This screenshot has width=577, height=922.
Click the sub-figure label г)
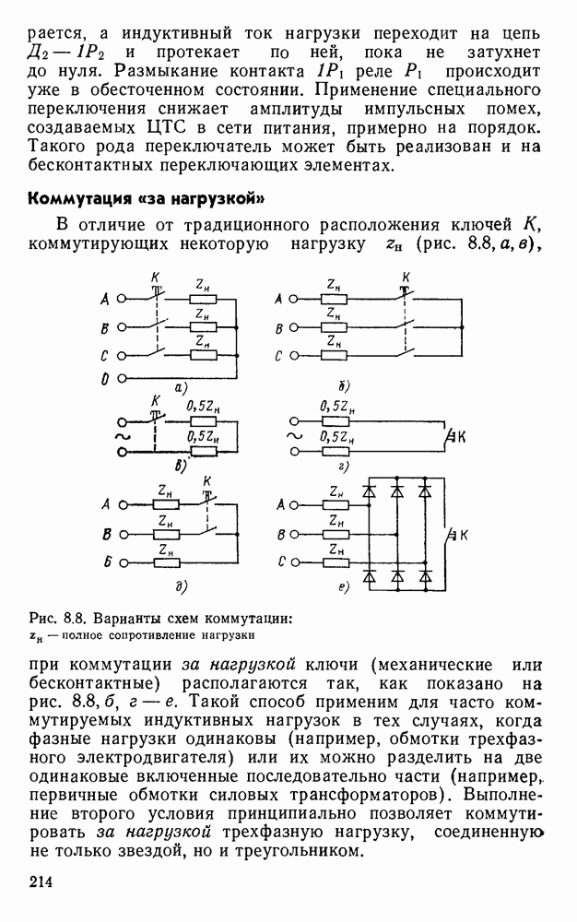pos(343,467)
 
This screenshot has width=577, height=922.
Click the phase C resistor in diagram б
pos(336,355)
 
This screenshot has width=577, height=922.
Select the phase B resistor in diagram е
pos(337,533)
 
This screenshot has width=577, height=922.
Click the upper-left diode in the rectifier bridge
pos(369,491)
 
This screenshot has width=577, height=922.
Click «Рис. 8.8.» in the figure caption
pos(54,618)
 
